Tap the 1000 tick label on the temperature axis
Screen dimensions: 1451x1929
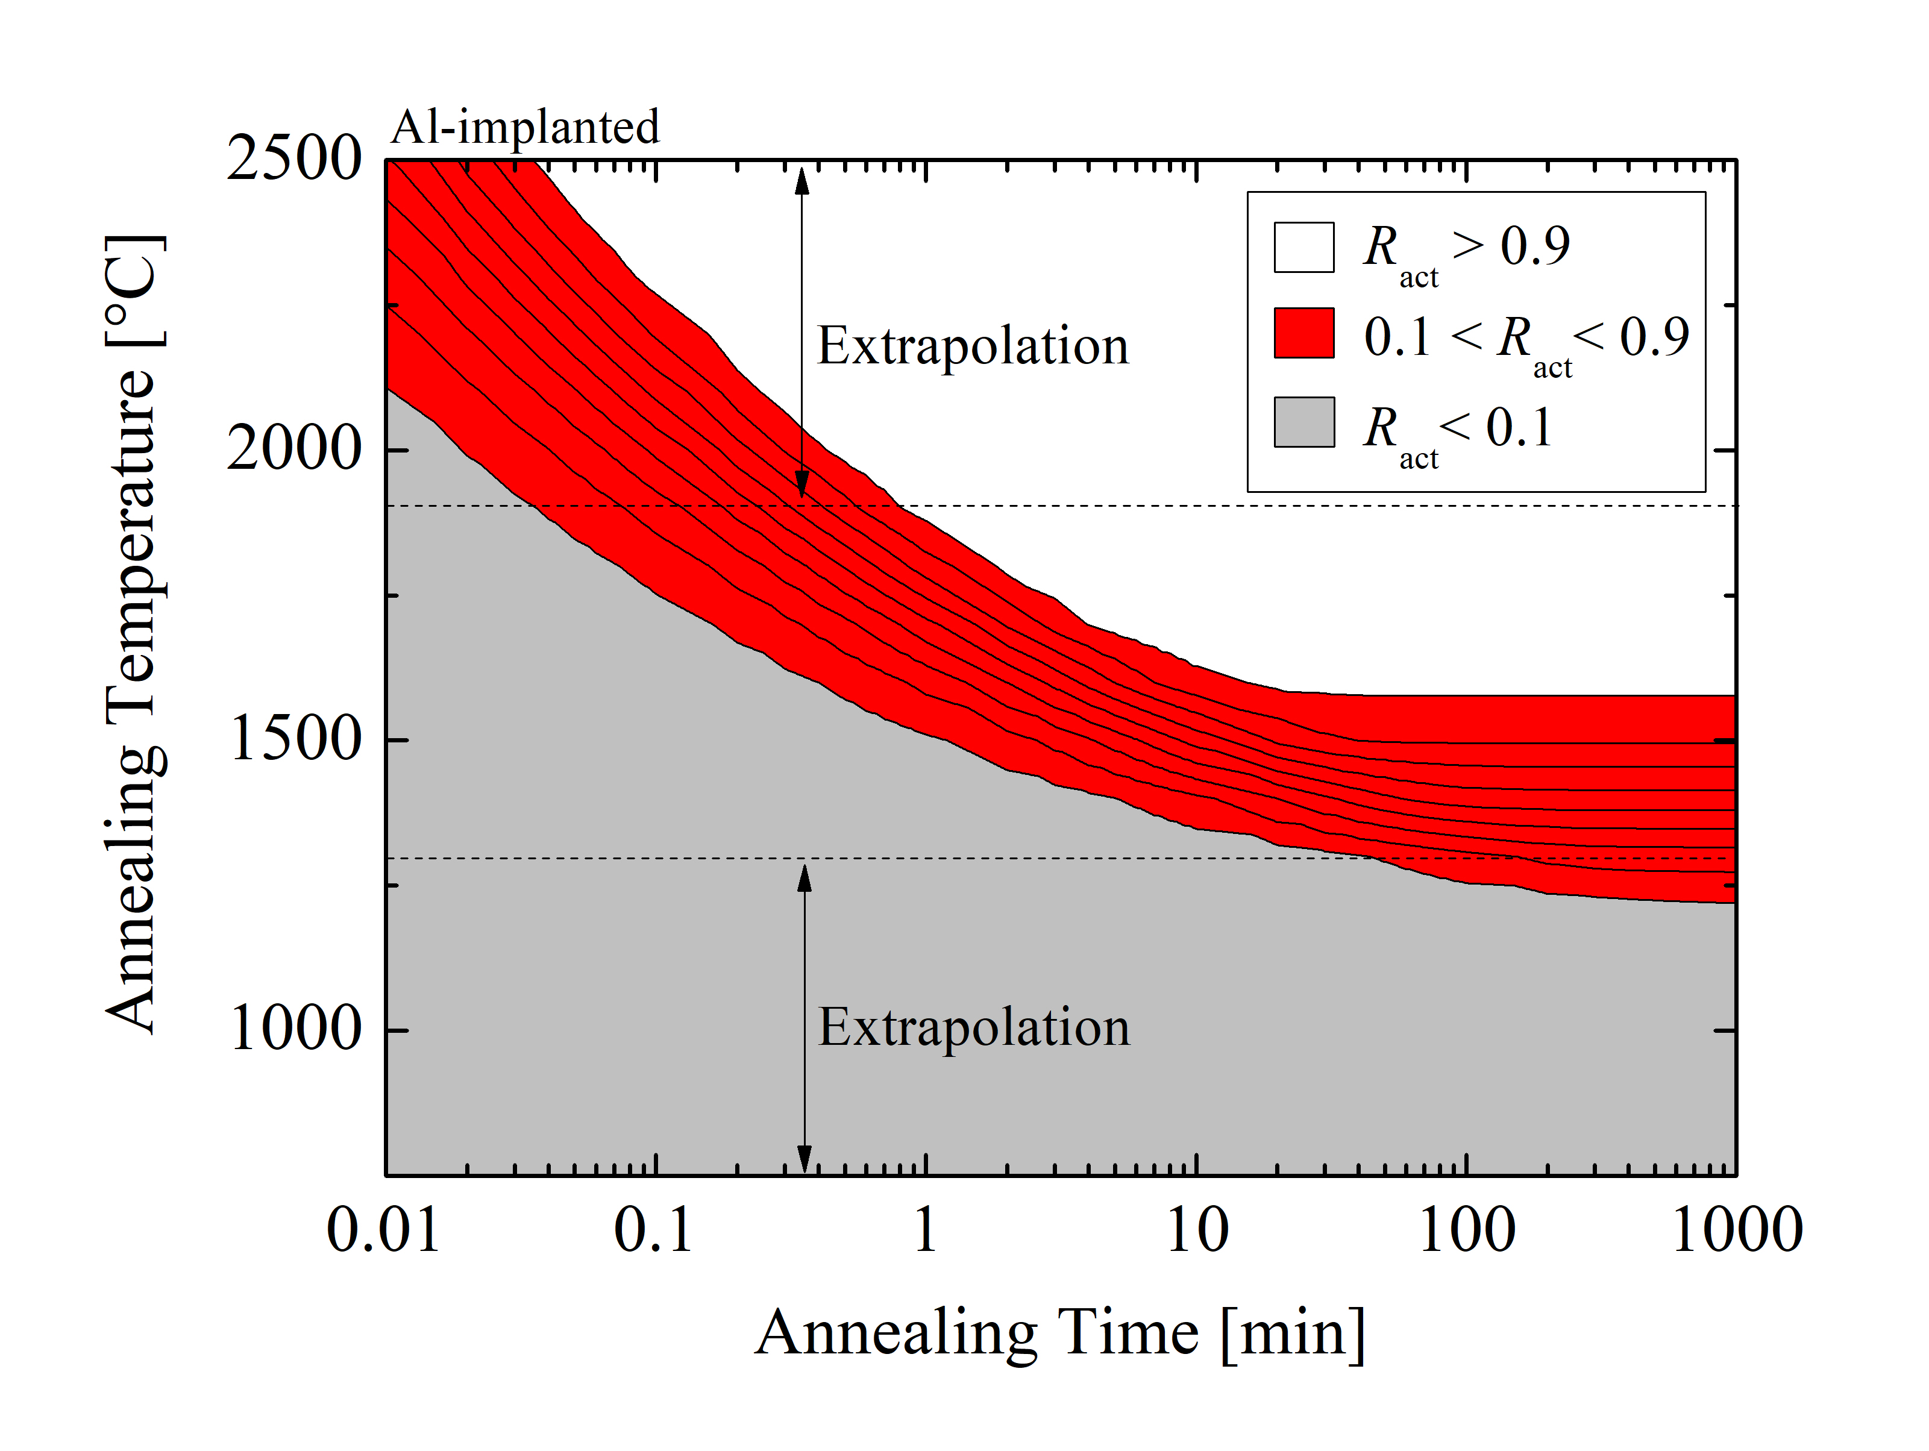click(294, 1029)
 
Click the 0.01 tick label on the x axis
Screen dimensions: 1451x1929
click(384, 1230)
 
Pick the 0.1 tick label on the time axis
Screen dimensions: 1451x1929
click(653, 1230)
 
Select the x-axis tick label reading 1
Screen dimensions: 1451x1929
click(925, 1230)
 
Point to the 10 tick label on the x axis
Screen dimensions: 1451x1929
click(1196, 1230)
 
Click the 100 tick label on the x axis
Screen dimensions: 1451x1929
click(1467, 1230)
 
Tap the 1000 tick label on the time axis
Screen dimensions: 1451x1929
click(1736, 1230)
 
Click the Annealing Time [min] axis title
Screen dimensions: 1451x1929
click(1059, 1333)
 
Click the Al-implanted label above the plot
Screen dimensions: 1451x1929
click(525, 127)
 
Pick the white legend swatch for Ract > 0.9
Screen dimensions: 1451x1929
click(1303, 248)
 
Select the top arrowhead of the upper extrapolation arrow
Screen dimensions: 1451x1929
click(802, 179)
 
